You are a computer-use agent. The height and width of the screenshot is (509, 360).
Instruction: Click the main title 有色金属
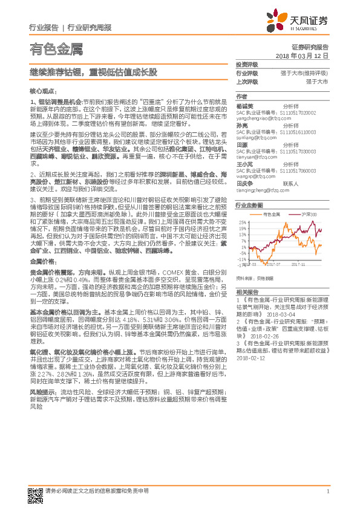[x=56, y=48]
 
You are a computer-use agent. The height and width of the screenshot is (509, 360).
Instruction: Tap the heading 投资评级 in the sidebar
[x=246, y=64]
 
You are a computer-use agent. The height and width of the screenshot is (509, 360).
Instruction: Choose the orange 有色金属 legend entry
[x=270, y=215]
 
